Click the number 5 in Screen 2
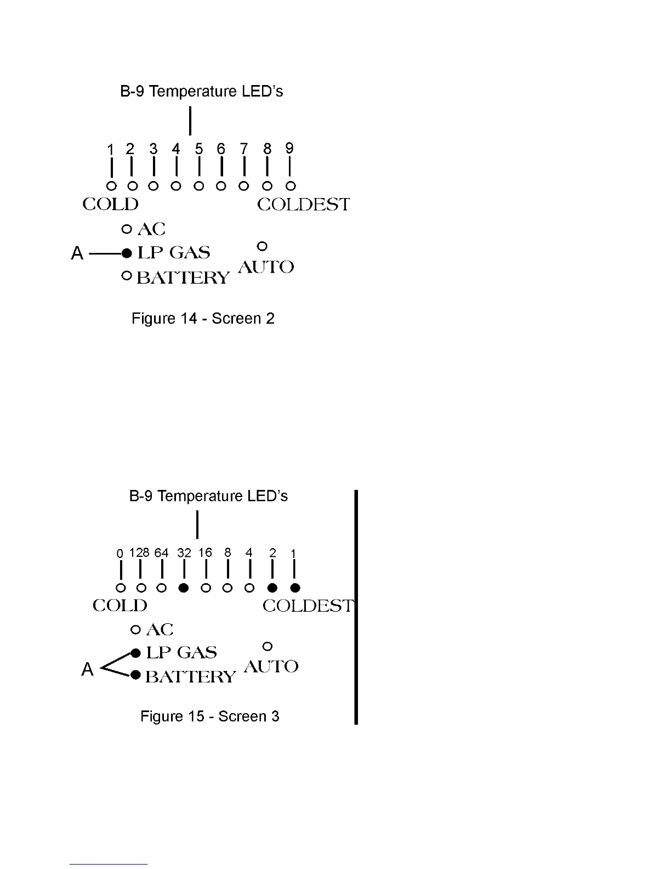pos(199,149)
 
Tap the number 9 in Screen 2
pos(289,148)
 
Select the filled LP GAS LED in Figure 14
pos(127,253)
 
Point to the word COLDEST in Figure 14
pos(303,205)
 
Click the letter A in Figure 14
pos(77,253)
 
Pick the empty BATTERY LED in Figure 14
pos(127,276)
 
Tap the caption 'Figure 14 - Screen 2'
pos(203,319)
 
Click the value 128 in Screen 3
pos(139,552)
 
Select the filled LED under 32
pos(184,588)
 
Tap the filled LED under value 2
pos(272,588)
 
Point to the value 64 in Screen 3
pos(161,552)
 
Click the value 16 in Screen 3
pos(205,552)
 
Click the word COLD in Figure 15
pos(120,606)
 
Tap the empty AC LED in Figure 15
pos(136,629)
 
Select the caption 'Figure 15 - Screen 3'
pos(210,716)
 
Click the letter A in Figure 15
pos(87,669)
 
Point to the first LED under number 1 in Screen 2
pos(111,186)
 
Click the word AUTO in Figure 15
pos(271,667)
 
